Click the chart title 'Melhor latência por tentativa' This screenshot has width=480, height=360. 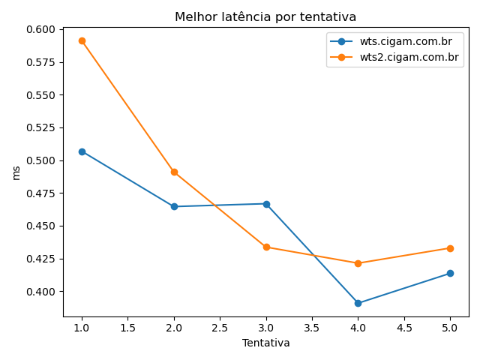point(265,17)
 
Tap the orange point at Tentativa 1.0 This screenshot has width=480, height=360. point(82,40)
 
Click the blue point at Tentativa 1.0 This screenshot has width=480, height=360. point(82,151)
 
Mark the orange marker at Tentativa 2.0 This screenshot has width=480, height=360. point(174,172)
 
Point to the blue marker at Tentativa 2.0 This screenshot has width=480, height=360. point(174,206)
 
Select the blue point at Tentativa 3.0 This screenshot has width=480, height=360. point(266,204)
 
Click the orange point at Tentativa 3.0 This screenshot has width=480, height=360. point(266,247)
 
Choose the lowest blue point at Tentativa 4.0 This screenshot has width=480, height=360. point(358,303)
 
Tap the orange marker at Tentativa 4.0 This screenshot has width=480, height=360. point(358,263)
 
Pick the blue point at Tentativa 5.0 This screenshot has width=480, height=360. point(450,273)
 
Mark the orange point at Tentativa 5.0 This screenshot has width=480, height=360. point(450,248)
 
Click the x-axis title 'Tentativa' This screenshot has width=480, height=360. point(265,343)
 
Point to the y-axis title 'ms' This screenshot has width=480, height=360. point(16,172)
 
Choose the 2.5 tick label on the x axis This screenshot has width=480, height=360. point(220,328)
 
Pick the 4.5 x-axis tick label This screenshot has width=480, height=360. point(403,328)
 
